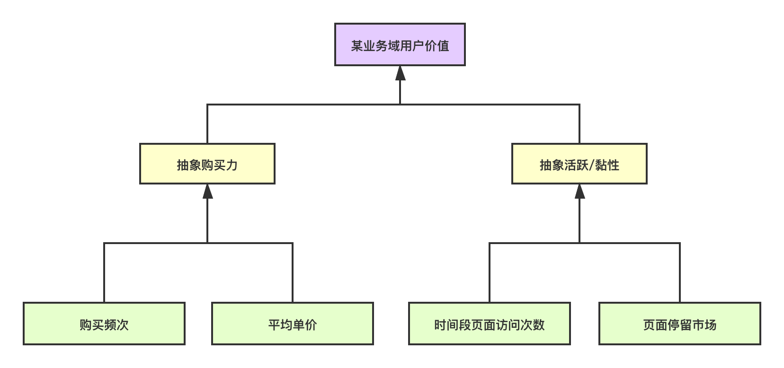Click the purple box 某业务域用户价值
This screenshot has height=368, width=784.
coord(400,44)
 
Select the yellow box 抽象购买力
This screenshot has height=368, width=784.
coord(207,164)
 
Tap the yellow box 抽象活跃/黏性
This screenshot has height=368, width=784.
coord(579,164)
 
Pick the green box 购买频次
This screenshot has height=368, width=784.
coord(104,324)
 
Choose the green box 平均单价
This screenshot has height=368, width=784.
coord(293,324)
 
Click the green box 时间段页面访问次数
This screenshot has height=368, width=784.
coord(490,324)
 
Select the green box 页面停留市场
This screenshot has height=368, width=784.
coord(680,324)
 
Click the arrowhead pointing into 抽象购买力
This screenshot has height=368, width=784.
coord(207,192)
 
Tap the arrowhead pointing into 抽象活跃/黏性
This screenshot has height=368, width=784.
coord(580,192)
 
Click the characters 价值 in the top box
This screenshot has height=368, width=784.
coord(437,46)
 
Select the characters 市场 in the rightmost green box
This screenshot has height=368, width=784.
coord(704,325)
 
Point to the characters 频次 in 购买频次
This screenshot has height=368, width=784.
coord(116,325)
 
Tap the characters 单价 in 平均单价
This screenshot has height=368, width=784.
coord(305,325)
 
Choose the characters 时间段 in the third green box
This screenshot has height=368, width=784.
coord(453,325)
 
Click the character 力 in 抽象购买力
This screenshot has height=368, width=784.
coord(232,165)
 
